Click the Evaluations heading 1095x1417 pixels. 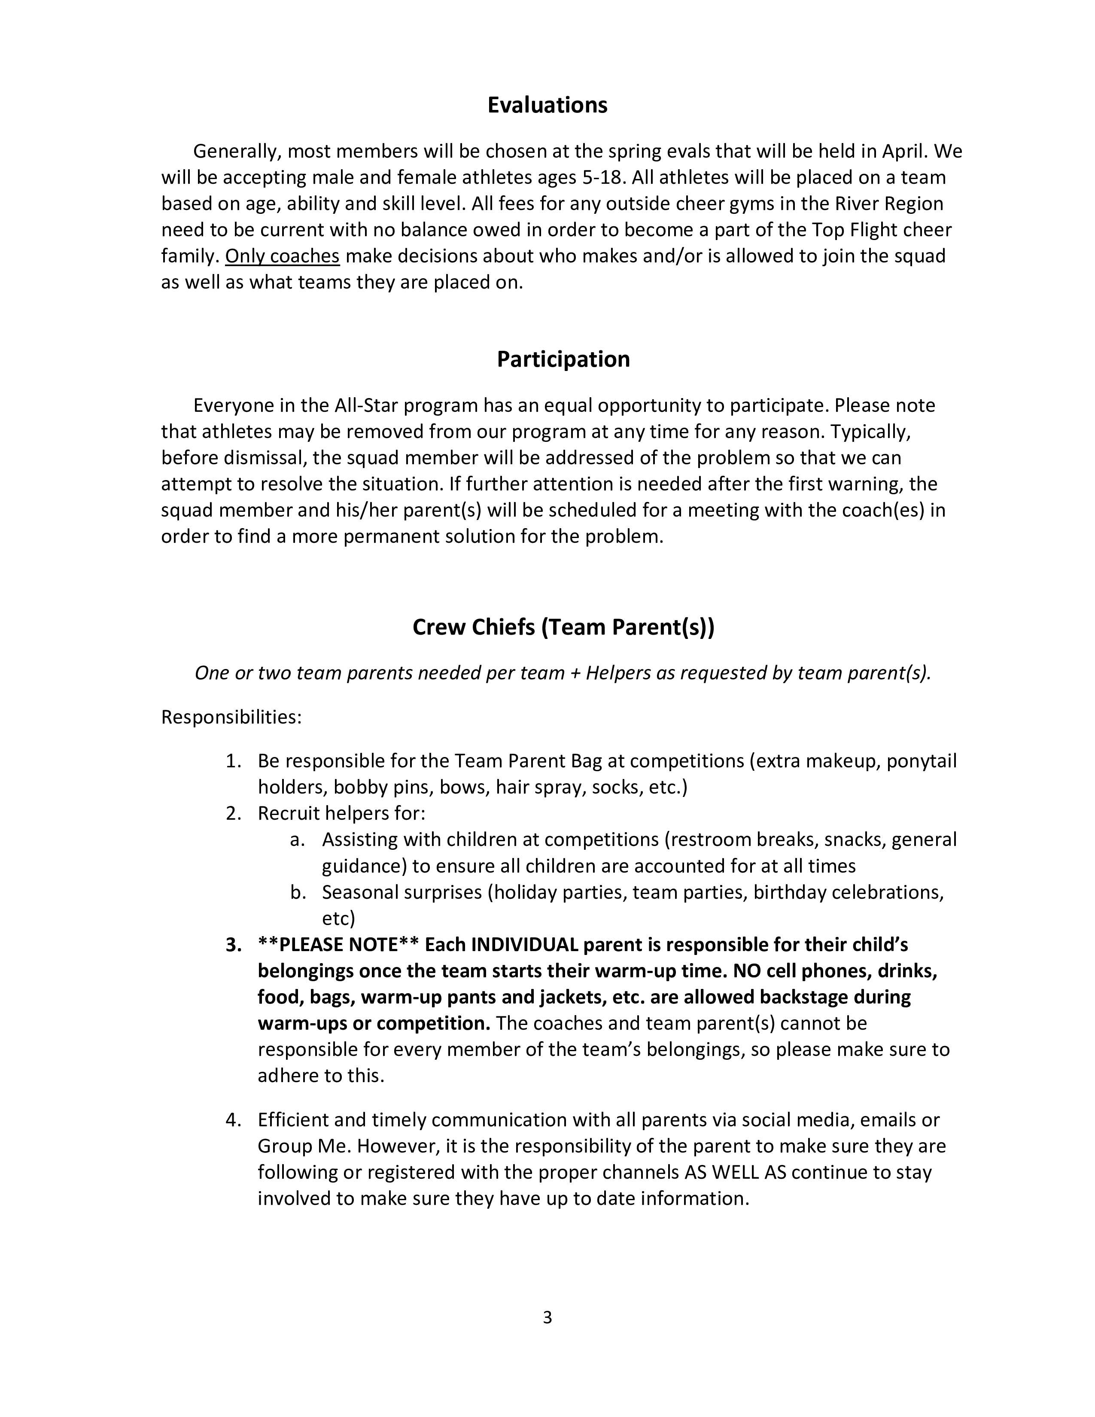click(x=547, y=105)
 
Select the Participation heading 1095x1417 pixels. click(x=563, y=359)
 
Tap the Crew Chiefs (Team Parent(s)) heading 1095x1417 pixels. click(x=563, y=627)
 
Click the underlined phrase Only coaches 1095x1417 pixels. click(x=282, y=256)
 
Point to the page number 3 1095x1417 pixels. click(x=547, y=1317)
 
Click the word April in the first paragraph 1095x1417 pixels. click(x=905, y=151)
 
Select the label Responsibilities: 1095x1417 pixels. click(x=231, y=718)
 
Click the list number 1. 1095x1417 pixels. click(x=233, y=761)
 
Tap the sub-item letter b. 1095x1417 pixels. click(x=298, y=893)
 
